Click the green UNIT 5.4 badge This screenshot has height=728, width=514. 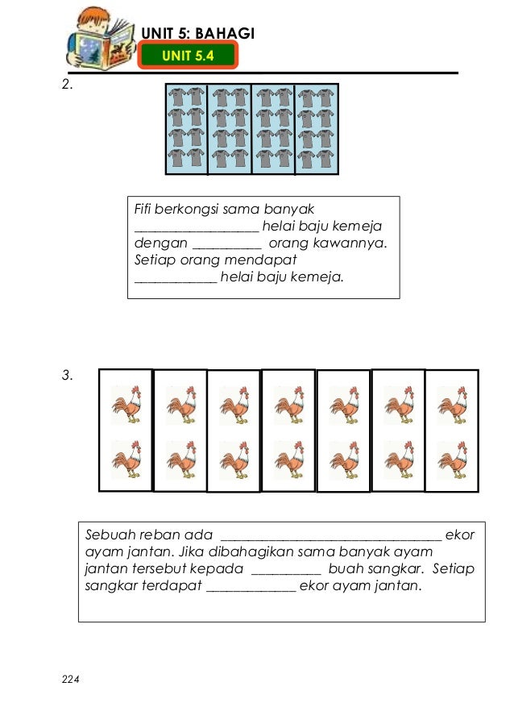(188, 55)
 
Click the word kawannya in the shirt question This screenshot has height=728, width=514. (350, 243)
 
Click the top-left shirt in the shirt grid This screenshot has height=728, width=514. (177, 98)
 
